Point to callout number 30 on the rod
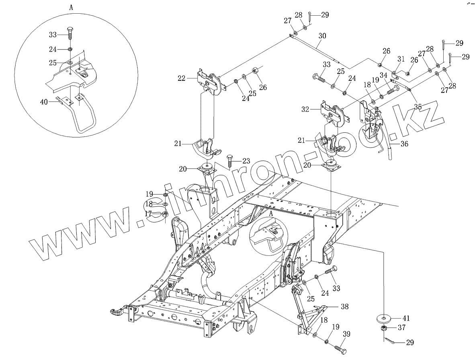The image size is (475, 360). click(322, 35)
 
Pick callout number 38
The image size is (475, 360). click(344, 306)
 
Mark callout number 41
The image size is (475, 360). click(406, 318)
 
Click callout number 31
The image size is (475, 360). click(401, 59)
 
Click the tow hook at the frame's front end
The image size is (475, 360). click(117, 311)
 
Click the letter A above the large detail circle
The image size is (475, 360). click(71, 8)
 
